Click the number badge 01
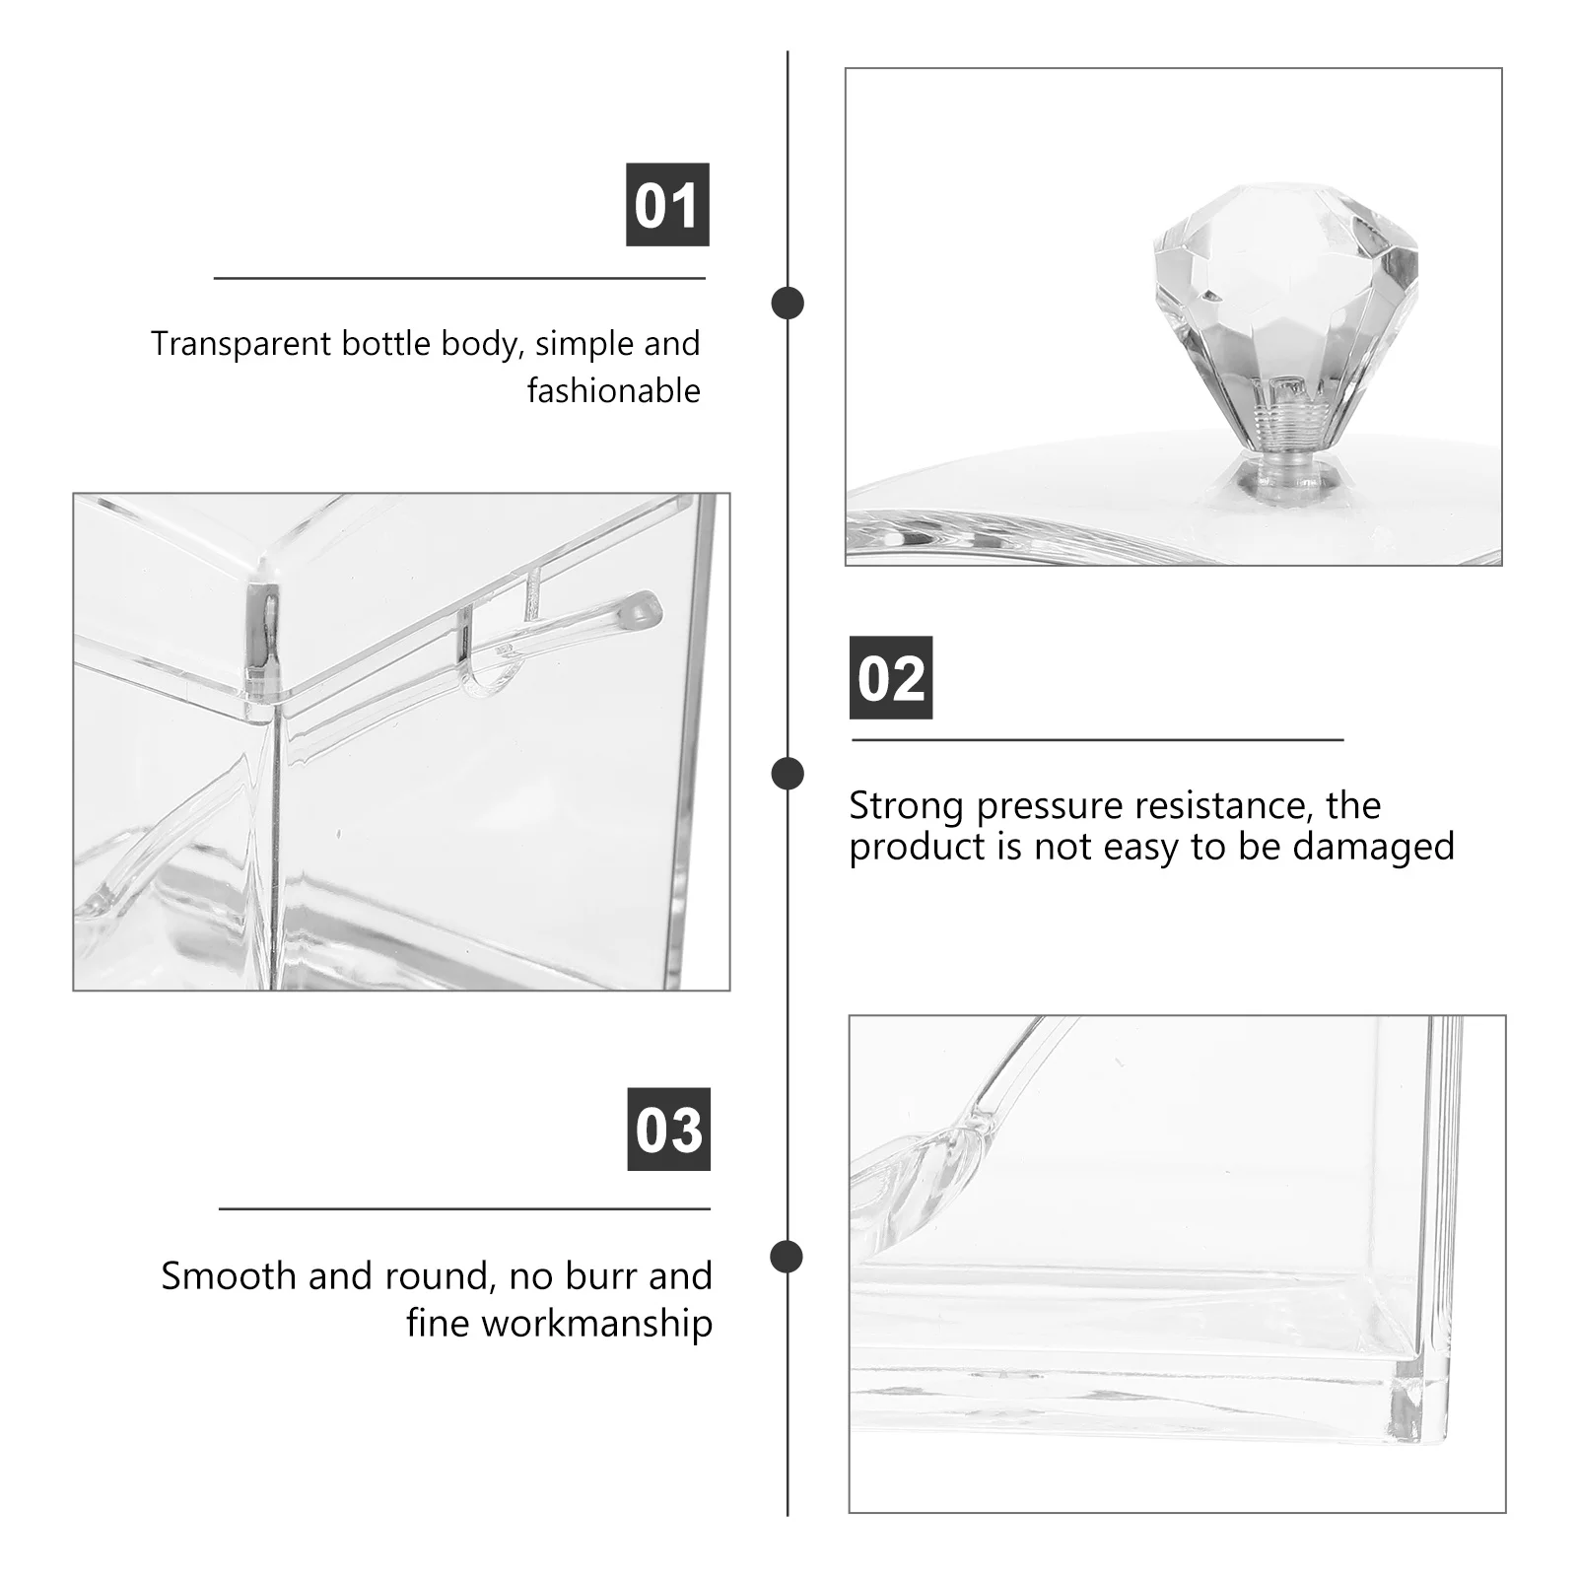point(667,205)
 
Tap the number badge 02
point(891,678)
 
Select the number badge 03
point(668,1130)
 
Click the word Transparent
point(241,344)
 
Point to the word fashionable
point(613,391)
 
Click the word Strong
point(906,806)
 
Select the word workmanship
point(597,1323)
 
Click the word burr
point(601,1276)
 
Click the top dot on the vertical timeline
point(787,303)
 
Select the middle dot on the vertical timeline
point(787,774)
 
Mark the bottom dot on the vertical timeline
point(787,1257)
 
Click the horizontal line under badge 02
point(1097,739)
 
